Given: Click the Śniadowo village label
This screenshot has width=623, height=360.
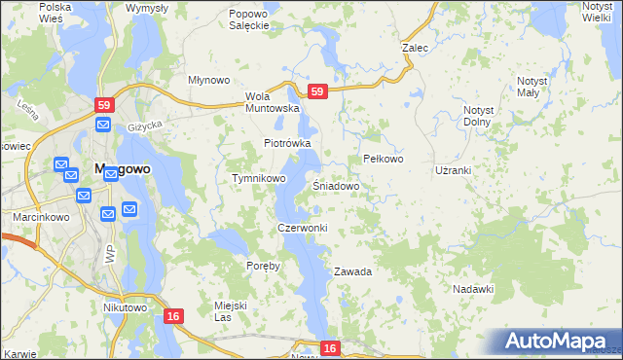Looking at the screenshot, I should [x=337, y=185].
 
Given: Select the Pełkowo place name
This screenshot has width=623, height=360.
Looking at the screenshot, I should [x=383, y=158].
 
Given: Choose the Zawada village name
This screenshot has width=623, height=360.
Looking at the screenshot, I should [x=352, y=271].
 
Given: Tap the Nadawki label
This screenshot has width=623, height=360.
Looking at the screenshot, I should [x=474, y=289].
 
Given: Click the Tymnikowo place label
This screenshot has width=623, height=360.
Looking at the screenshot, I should [x=258, y=179].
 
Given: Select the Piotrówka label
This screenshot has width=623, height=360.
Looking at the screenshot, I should [x=287, y=143].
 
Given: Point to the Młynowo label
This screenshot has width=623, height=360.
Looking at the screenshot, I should [x=208, y=81].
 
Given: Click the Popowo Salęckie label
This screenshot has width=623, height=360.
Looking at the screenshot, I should [x=247, y=19].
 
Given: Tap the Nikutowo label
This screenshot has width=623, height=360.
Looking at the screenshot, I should [x=124, y=307].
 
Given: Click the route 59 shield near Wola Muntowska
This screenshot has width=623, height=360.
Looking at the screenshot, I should [x=316, y=91].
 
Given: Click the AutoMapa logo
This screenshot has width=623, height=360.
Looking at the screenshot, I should [x=554, y=342].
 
